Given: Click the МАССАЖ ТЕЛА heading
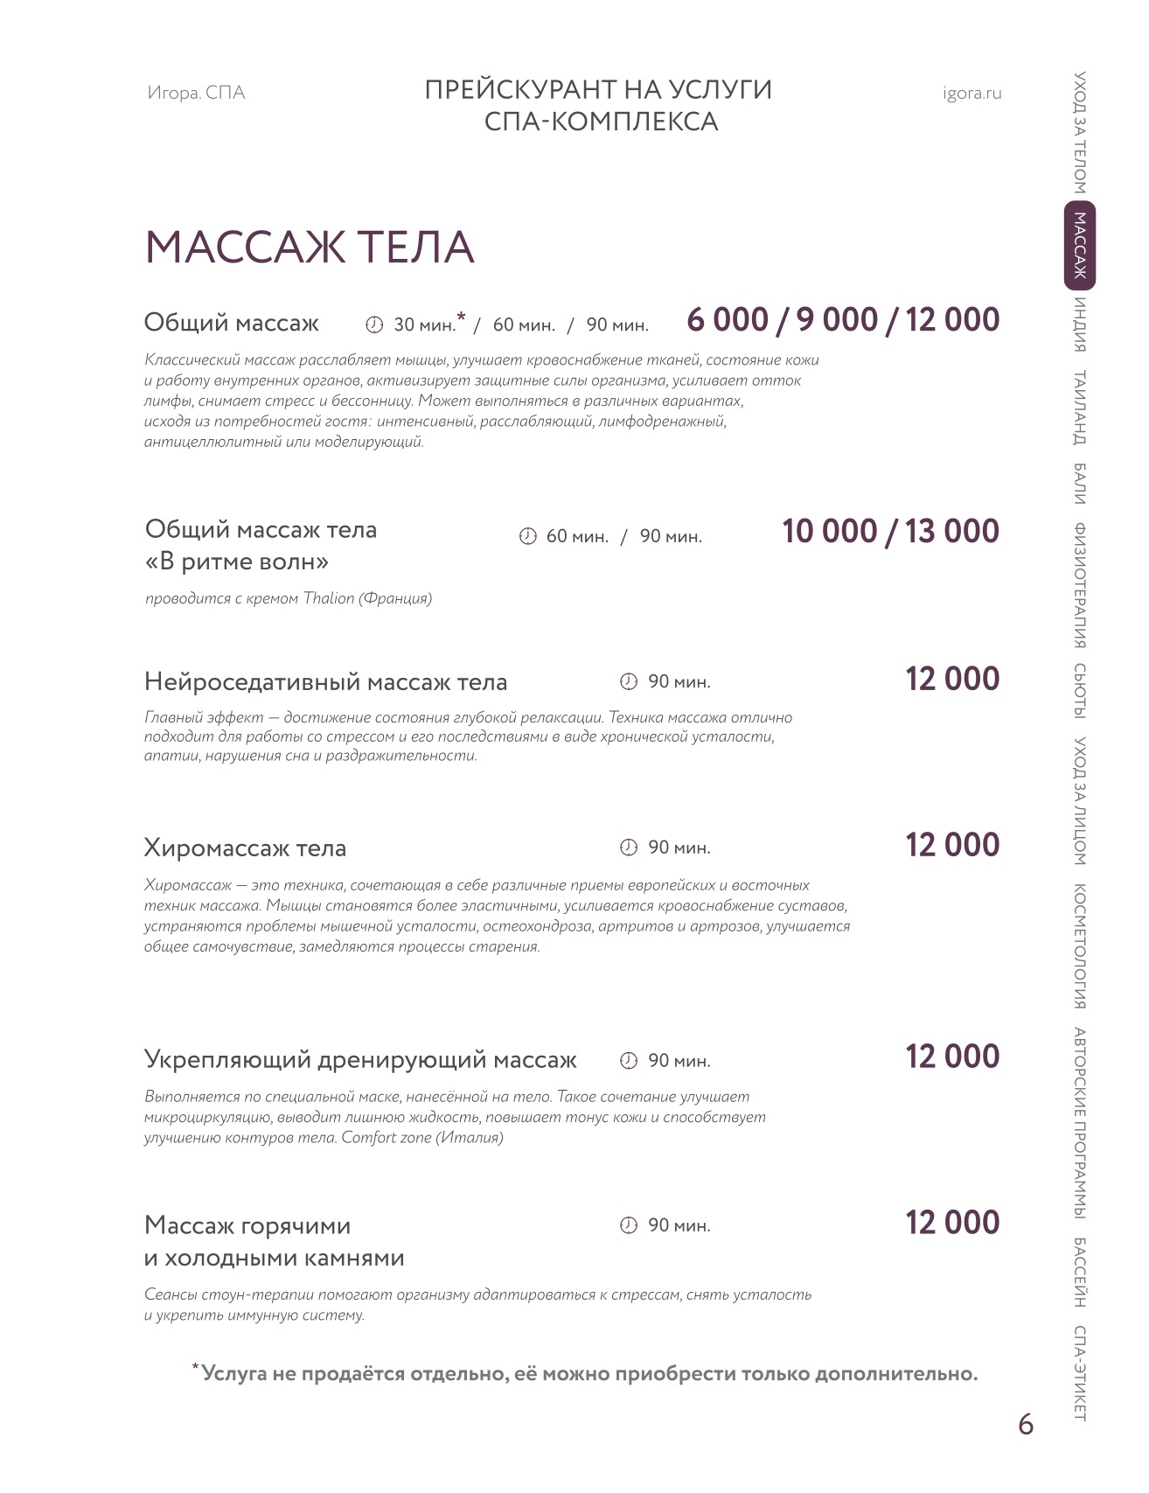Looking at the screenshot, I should pyautogui.click(x=310, y=248).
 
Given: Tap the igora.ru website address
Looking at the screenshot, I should pyautogui.click(x=972, y=94).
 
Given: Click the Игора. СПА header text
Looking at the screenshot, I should pyautogui.click(x=196, y=94).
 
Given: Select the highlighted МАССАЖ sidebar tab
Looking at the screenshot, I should pyautogui.click(x=1080, y=246).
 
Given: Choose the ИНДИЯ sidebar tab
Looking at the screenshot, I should pyautogui.click(x=1080, y=324).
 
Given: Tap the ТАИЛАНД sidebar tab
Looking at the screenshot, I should pyautogui.click(x=1080, y=408).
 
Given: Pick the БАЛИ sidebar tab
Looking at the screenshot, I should pyautogui.click(x=1080, y=484).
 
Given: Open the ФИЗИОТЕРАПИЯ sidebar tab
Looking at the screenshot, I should pyautogui.click(x=1080, y=585).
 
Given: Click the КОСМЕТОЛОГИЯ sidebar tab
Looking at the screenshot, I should pyautogui.click(x=1080, y=947).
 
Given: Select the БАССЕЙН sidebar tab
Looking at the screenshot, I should pyautogui.click(x=1080, y=1273).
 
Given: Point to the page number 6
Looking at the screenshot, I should pyautogui.click(x=1026, y=1425).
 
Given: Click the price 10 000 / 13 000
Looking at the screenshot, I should pyautogui.click(x=890, y=531).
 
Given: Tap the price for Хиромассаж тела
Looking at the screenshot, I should pyautogui.click(x=952, y=845).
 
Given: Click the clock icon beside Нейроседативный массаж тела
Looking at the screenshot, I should pyautogui.click(x=629, y=681).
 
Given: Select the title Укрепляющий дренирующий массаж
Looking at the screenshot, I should pyautogui.click(x=360, y=1060).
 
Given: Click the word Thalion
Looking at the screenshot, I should pyautogui.click(x=329, y=599).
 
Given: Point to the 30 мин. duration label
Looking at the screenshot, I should pyautogui.click(x=425, y=325).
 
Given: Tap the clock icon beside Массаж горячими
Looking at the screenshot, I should pyautogui.click(x=629, y=1225).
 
